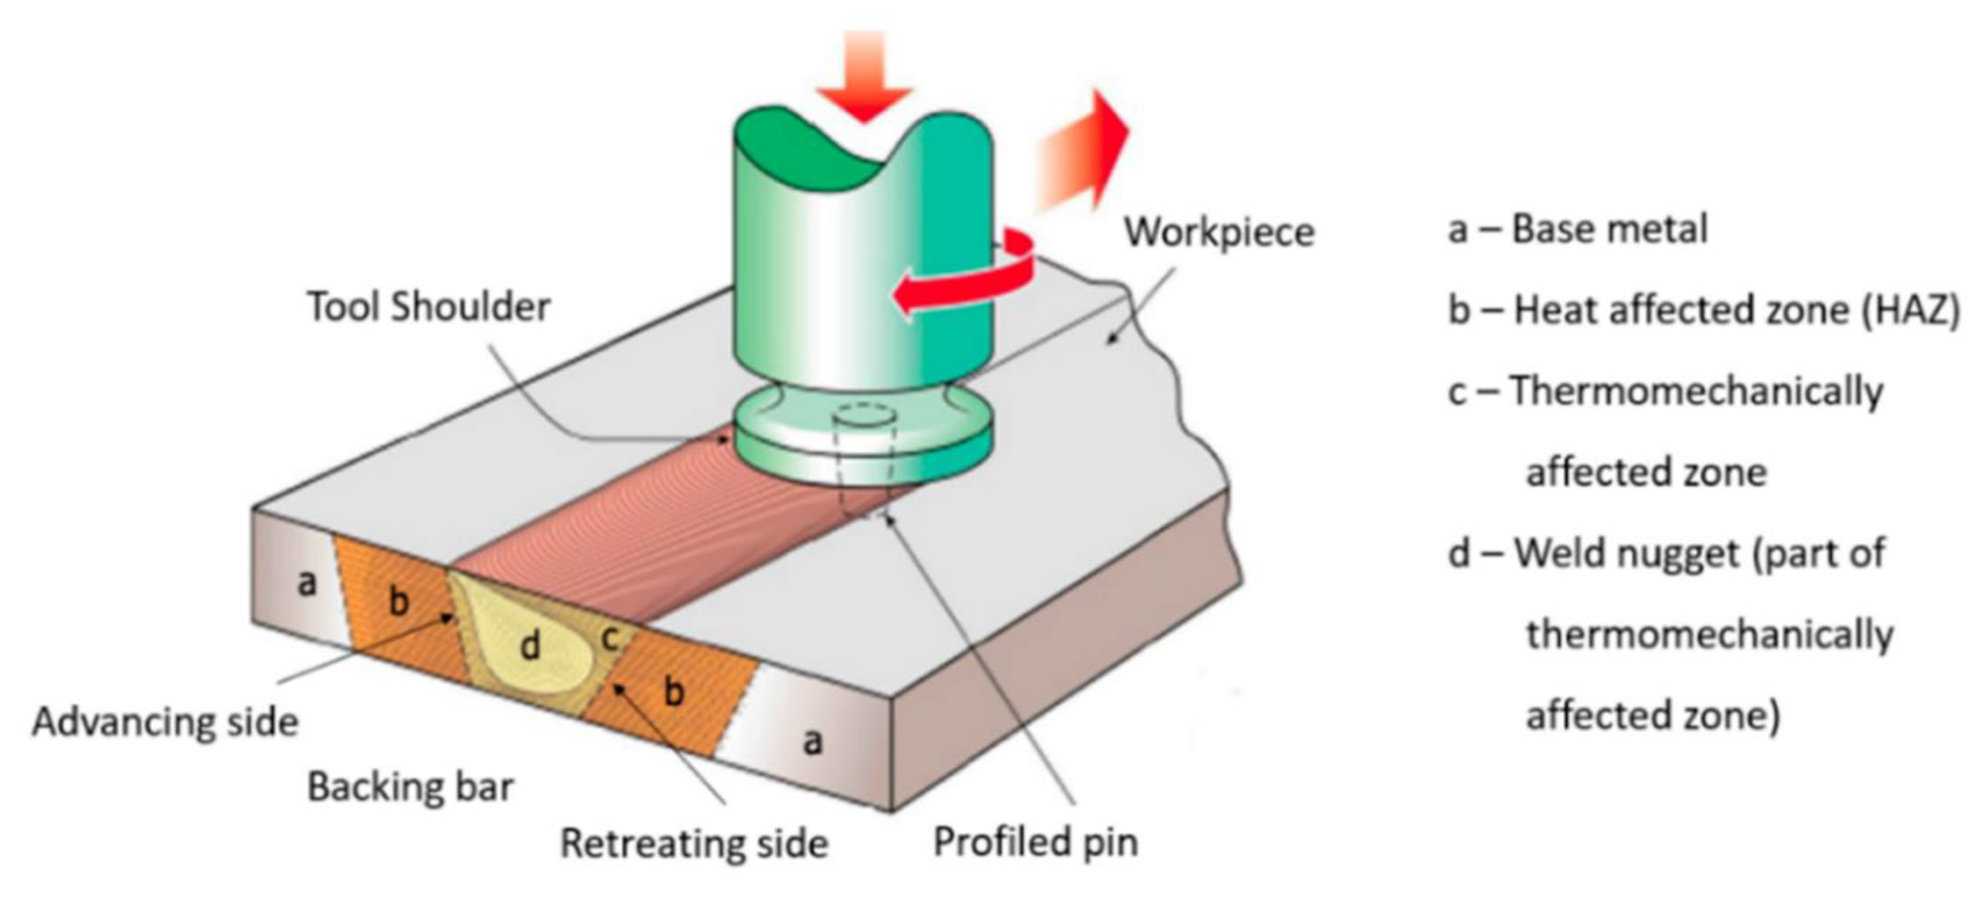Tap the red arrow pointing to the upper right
pyautogui.click(x=1080, y=157)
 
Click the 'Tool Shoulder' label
pyautogui.click(x=429, y=307)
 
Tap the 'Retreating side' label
pyautogui.click(x=694, y=843)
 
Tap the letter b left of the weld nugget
pyautogui.click(x=398, y=600)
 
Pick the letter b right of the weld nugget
pyautogui.click(x=673, y=691)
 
